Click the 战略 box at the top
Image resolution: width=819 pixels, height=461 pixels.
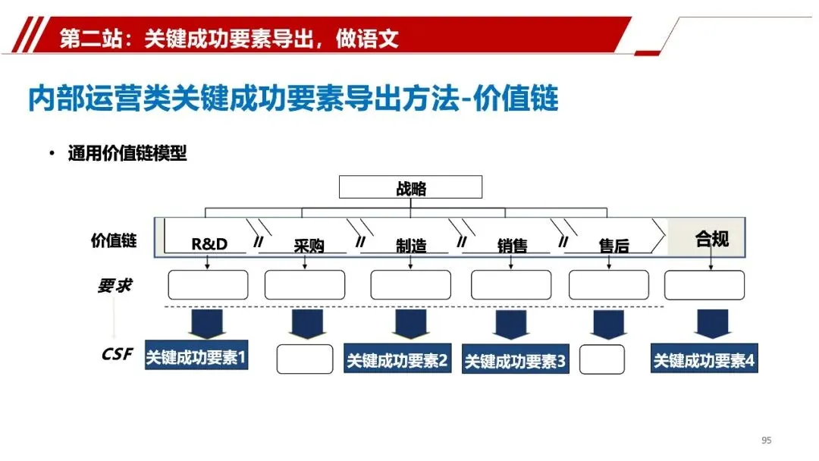click(x=410, y=187)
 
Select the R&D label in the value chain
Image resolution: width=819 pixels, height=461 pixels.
click(x=209, y=244)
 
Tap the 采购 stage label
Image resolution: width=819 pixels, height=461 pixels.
click(x=309, y=246)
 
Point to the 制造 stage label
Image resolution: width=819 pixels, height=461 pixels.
click(x=411, y=246)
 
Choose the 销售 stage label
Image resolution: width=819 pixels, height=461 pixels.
click(x=513, y=246)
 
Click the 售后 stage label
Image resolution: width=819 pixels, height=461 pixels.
click(x=613, y=246)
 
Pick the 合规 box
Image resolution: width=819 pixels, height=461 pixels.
click(x=711, y=240)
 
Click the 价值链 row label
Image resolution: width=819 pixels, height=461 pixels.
click(x=114, y=241)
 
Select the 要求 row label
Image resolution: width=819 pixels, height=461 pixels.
click(x=115, y=286)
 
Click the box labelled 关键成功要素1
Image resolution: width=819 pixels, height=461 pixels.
click(x=196, y=357)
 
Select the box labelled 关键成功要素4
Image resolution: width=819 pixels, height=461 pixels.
click(x=704, y=360)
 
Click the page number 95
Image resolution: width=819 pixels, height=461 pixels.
click(x=766, y=441)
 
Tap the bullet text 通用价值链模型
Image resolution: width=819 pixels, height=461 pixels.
click(x=127, y=154)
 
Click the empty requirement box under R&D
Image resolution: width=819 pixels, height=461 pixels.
click(x=208, y=284)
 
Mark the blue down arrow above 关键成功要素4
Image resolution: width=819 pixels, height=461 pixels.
click(x=711, y=324)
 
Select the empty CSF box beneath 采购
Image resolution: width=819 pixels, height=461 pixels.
click(x=304, y=359)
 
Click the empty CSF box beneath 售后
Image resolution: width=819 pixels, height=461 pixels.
click(x=602, y=359)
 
